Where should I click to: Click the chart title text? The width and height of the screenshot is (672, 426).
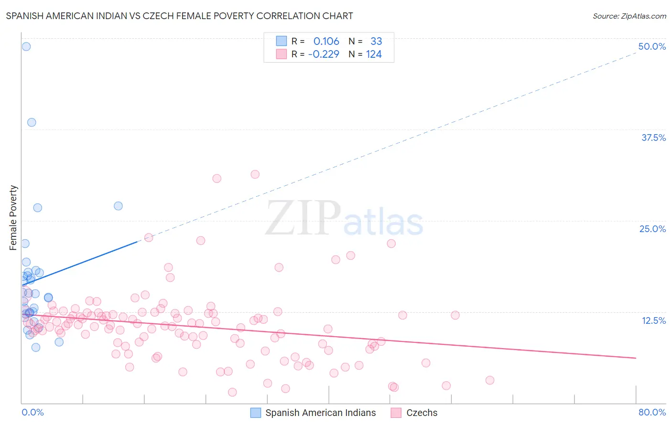(179, 16)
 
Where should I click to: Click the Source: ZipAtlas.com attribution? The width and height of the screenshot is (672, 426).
(629, 16)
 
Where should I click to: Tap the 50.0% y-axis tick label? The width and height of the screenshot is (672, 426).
(652, 46)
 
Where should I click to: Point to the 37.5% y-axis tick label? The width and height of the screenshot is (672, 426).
(653, 138)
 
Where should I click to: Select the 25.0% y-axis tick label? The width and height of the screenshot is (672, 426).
(652, 229)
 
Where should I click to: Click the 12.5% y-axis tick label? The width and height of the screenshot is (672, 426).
(653, 320)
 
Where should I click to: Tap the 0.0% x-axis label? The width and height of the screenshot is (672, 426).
(33, 412)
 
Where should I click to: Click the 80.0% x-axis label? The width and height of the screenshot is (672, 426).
(652, 412)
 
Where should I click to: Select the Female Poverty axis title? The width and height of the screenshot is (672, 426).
(13, 218)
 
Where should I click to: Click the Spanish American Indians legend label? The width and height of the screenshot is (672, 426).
(320, 413)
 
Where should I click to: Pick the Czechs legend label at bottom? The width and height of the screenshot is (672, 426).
(422, 413)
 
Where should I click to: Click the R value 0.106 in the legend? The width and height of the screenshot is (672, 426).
(326, 42)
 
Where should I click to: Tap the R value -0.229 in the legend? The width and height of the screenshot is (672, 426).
(324, 54)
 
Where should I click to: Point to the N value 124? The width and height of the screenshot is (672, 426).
(374, 54)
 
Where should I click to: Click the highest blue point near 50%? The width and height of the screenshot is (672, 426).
(26, 46)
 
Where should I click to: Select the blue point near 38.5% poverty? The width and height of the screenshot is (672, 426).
(32, 122)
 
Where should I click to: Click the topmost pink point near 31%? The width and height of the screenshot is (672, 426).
(255, 174)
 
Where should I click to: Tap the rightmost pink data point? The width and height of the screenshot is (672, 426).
(489, 380)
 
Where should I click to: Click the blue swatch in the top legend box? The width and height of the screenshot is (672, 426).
(282, 41)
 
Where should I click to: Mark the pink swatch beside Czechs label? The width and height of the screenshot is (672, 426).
(396, 413)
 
